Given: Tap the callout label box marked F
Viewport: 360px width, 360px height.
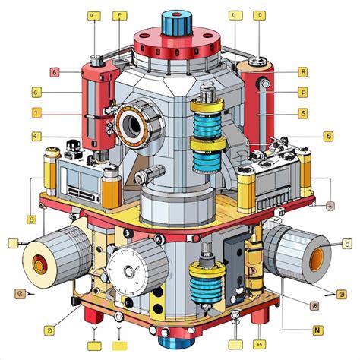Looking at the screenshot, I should point(119,15).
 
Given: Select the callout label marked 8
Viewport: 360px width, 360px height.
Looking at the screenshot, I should point(302,73).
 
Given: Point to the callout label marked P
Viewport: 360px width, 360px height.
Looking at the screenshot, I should point(302,93).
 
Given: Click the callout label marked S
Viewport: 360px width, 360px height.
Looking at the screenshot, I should point(302,113).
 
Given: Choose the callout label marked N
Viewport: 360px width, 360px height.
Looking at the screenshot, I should point(317,330).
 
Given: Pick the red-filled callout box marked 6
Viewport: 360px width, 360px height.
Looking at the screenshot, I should point(55,73).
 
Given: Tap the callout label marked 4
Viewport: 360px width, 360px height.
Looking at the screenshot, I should point(36,137).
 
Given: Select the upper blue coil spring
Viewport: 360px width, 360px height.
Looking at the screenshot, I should point(206,121).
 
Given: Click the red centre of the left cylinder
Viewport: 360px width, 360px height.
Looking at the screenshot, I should point(38,263).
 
